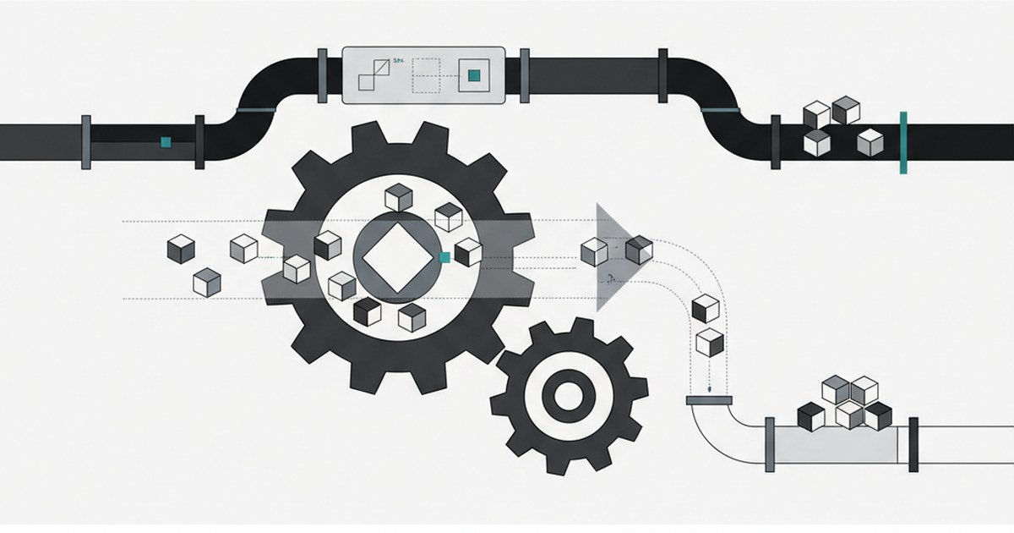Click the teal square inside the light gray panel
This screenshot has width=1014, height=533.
(x=474, y=76)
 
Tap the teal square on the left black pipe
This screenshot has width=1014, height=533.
(x=166, y=142)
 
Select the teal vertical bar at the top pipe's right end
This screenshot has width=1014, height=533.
(x=903, y=142)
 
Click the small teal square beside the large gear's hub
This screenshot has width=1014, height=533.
(x=444, y=257)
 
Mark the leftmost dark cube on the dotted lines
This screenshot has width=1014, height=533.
(x=181, y=247)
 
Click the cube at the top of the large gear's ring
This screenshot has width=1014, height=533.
(x=398, y=198)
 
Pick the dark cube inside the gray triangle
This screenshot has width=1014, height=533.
(x=639, y=250)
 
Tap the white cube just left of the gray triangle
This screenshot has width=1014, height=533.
(x=594, y=250)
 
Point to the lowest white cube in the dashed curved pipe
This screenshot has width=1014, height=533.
(x=709, y=343)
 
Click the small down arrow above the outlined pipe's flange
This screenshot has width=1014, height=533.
(x=710, y=388)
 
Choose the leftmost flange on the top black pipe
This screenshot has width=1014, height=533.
(x=86, y=142)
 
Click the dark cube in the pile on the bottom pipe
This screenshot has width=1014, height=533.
(x=810, y=416)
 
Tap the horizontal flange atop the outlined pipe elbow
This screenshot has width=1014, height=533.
(x=710, y=399)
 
